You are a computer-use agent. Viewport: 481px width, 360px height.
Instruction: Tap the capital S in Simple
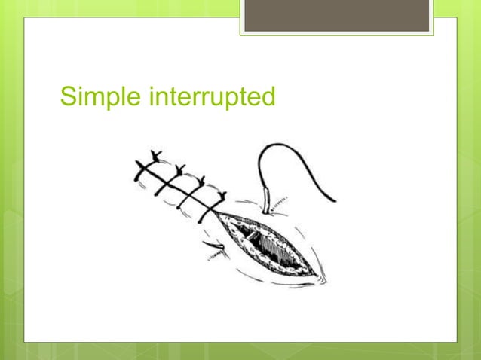pyautogui.click(x=68, y=97)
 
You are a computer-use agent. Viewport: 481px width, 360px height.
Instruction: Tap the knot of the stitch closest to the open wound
pyautogui.click(x=221, y=194)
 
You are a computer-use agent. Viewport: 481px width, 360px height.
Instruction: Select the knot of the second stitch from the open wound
pyautogui.click(x=200, y=180)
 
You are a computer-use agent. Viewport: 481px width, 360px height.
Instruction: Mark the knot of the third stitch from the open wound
pyautogui.click(x=179, y=167)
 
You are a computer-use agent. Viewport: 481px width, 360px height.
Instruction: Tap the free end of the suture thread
pyautogui.click(x=333, y=200)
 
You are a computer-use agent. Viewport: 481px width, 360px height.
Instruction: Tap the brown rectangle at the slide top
pyautogui.click(x=336, y=16)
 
